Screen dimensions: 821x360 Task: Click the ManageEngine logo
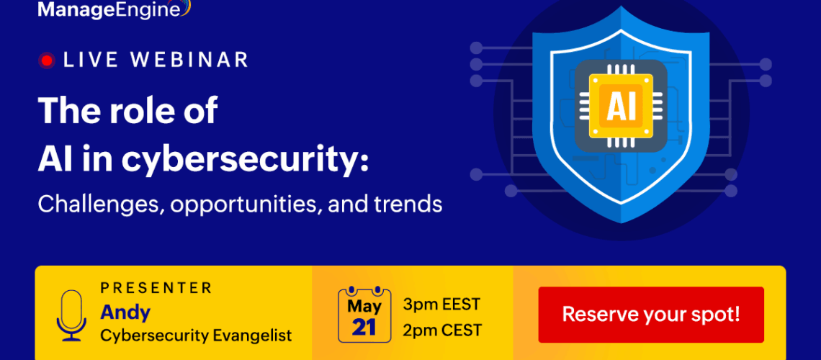pos(114,9)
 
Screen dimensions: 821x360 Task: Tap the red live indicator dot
pos(47,60)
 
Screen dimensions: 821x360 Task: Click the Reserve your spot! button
pos(651,315)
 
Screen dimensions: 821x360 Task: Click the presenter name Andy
pos(125,312)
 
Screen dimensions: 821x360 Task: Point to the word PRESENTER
pos(156,287)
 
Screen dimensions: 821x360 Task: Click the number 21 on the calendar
pos(364,326)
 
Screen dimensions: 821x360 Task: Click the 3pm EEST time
pos(441,304)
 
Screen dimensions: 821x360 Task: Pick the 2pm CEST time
pos(442,330)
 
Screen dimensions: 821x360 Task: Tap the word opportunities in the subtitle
pos(244,204)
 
